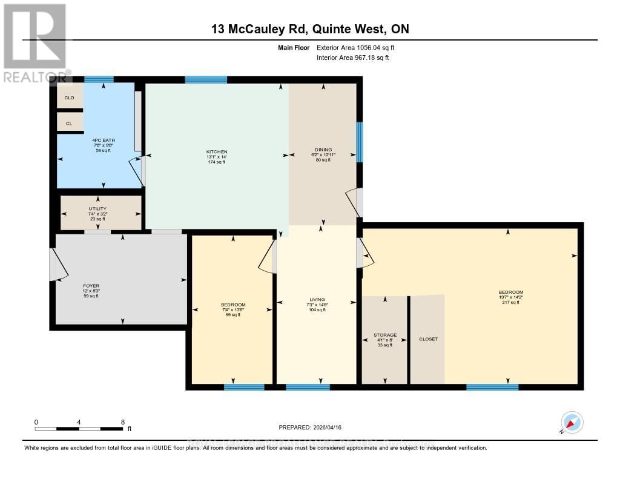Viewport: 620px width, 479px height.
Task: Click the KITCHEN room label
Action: [216, 151]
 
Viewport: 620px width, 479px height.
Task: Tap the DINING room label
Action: [323, 150]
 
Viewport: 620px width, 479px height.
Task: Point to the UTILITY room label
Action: [97, 209]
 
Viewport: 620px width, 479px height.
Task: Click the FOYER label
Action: [91, 286]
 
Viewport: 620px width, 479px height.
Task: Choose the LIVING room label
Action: [317, 300]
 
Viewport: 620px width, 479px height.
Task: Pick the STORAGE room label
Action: [384, 335]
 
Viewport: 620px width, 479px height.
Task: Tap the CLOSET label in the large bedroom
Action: [427, 339]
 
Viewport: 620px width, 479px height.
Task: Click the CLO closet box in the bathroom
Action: [69, 97]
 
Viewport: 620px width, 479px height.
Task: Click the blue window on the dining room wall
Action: [359, 142]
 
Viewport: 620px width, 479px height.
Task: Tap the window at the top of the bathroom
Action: [99, 79]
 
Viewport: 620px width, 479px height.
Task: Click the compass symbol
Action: [572, 422]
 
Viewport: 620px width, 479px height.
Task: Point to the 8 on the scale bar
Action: [123, 422]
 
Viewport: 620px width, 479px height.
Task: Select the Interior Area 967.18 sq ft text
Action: [352, 58]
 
